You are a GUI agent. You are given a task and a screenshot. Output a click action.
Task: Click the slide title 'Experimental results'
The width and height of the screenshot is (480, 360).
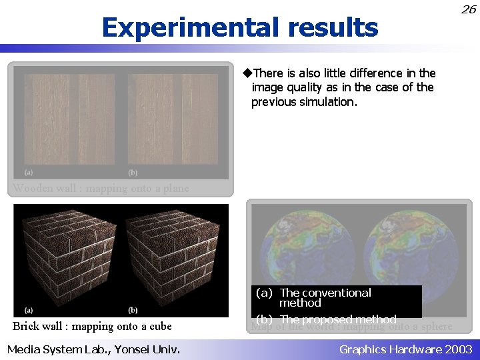pyautogui.click(x=240, y=27)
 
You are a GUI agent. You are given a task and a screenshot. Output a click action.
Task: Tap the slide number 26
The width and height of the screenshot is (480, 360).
pyautogui.click(x=469, y=9)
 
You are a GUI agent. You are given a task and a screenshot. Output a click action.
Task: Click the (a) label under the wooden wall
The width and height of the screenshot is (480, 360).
pyautogui.click(x=29, y=171)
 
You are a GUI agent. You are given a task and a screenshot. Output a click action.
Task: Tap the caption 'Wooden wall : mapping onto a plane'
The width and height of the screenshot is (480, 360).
pyautogui.click(x=101, y=188)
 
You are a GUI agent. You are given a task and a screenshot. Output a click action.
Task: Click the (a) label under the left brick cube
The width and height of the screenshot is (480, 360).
pyautogui.click(x=29, y=309)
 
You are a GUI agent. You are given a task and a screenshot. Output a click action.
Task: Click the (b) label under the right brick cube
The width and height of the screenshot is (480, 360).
pyautogui.click(x=133, y=309)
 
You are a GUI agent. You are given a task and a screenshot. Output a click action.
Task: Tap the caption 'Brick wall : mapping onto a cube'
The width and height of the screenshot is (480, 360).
pyautogui.click(x=92, y=326)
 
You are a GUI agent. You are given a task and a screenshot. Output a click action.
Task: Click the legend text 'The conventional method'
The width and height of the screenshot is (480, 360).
pyautogui.click(x=325, y=297)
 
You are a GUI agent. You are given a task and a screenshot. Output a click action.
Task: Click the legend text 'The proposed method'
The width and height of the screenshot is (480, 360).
pyautogui.click(x=337, y=319)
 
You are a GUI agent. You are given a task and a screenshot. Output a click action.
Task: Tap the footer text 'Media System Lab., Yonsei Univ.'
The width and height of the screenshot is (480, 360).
pyautogui.click(x=93, y=349)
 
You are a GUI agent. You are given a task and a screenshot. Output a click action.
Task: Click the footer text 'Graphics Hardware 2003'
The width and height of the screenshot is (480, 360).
pyautogui.click(x=405, y=349)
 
